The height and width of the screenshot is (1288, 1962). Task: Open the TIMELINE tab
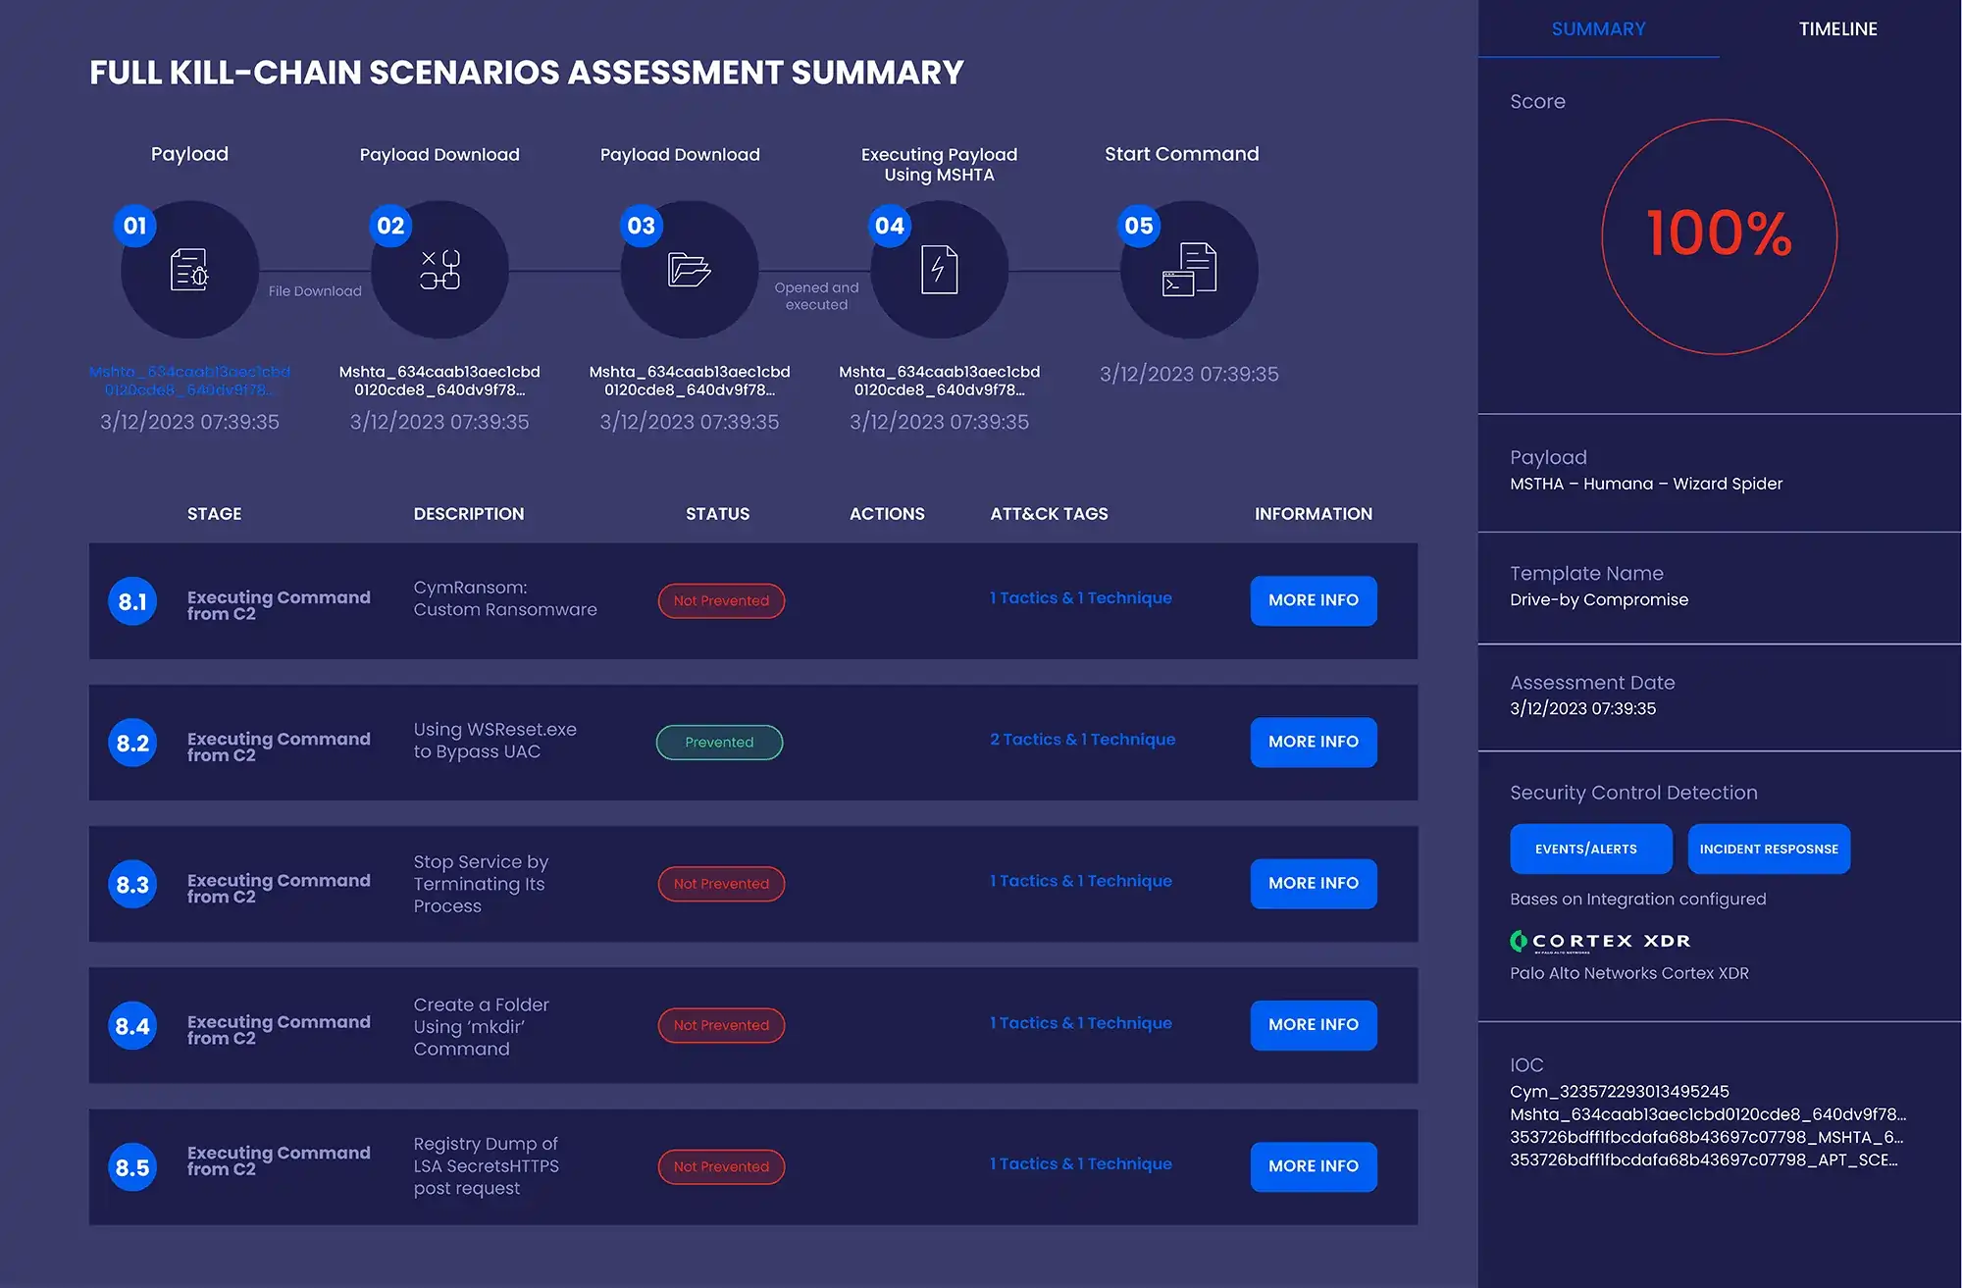[1837, 29]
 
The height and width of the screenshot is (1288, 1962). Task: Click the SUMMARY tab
[1598, 29]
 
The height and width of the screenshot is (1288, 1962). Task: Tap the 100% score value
[1719, 234]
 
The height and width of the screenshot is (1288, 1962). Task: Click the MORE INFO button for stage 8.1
[1313, 600]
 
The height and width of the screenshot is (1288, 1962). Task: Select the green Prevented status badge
[719, 743]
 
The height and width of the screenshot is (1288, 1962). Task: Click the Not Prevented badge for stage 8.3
[721, 884]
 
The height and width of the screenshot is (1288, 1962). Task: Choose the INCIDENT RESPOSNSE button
[1769, 850]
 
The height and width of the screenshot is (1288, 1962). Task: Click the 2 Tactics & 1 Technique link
[1082, 740]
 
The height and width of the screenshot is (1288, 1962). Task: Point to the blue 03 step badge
[641, 227]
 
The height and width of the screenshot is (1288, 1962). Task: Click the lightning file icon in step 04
[939, 270]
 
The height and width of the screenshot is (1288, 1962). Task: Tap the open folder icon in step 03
[689, 270]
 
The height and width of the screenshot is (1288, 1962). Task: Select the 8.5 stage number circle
[132, 1167]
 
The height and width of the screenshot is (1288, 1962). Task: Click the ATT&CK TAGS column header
[1049, 514]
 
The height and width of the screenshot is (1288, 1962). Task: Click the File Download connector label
[315, 291]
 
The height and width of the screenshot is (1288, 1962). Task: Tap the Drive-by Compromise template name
[1599, 600]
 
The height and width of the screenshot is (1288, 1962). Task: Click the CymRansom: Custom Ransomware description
[504, 598]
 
